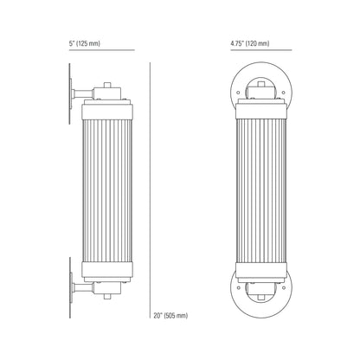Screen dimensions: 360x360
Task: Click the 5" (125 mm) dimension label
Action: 84,44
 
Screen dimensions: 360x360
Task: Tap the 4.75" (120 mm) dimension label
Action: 250,44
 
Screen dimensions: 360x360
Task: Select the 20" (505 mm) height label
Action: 170,316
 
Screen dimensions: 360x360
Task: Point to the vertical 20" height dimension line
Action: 150,190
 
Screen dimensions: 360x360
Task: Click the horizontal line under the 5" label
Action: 102,50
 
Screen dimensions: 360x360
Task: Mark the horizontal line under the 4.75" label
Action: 261,50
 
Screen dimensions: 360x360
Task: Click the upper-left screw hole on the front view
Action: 238,93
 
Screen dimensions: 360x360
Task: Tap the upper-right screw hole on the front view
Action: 284,93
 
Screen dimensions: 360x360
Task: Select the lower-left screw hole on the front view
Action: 238,287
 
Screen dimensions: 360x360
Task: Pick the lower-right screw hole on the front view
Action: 284,287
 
